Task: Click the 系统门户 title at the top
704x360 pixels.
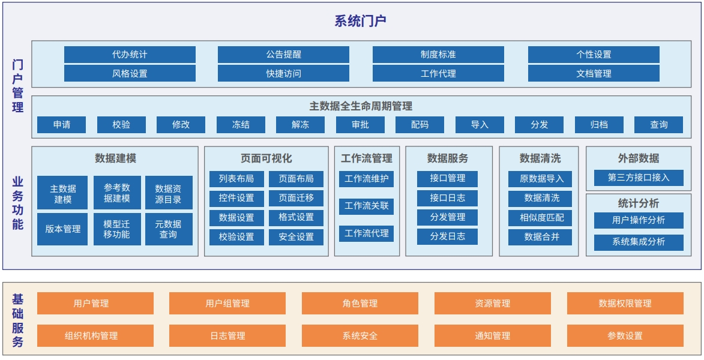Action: pos(361,20)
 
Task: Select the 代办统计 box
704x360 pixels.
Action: pos(130,55)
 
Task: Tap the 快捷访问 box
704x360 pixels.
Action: pos(283,73)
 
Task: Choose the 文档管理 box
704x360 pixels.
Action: pos(594,73)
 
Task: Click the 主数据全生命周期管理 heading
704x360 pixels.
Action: pos(361,106)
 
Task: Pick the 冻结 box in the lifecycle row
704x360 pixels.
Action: pos(241,125)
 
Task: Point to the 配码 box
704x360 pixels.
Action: pos(420,125)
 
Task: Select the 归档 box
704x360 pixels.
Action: pos(599,125)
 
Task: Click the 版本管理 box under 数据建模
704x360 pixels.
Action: pos(62,229)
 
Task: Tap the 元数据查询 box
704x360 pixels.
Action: pos(169,229)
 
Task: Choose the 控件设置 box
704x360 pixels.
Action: pos(236,197)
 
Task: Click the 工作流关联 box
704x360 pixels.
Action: pos(366,206)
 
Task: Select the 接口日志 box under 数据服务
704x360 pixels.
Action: pos(447,198)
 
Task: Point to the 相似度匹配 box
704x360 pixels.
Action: pos(540,218)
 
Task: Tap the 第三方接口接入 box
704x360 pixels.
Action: pos(639,178)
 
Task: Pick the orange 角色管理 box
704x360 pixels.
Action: pos(360,304)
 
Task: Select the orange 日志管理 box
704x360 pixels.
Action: pos(227,336)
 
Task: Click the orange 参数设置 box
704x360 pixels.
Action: pos(625,336)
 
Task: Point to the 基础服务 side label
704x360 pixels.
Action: pos(18,320)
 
